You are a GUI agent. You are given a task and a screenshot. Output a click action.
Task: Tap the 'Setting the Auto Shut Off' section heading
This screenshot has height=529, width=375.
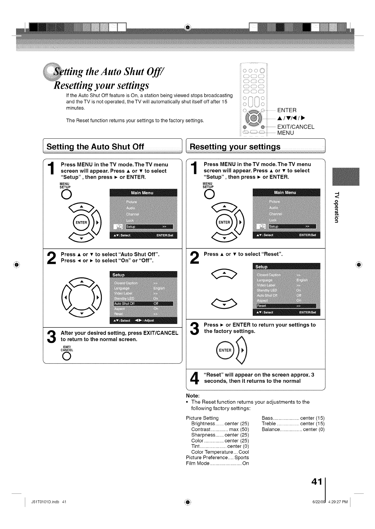95,147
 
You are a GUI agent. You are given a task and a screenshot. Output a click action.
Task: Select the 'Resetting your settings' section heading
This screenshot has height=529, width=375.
235,147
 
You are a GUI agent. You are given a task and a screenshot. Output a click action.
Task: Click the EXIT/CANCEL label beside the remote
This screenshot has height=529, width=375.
296,127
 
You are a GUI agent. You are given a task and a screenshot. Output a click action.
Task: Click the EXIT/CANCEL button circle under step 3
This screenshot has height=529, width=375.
66,356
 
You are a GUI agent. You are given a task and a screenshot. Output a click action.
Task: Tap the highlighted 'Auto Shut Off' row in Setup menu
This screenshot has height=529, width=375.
143,303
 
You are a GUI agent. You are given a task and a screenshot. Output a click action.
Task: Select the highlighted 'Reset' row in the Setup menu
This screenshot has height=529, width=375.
286,306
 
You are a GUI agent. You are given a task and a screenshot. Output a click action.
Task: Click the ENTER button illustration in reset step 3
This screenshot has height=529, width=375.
225,350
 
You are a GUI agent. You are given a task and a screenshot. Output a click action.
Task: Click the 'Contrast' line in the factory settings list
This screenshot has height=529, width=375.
220,429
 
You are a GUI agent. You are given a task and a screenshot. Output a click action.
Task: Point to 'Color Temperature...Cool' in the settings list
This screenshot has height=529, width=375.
220,452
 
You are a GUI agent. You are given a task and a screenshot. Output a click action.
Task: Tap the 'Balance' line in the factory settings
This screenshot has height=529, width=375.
293,429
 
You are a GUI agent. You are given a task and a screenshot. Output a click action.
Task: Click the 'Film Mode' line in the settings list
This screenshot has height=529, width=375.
217,463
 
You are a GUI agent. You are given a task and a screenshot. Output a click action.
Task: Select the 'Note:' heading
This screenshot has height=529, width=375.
193,396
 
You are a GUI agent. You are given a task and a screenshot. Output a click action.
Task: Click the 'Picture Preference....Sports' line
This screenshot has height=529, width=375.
217,458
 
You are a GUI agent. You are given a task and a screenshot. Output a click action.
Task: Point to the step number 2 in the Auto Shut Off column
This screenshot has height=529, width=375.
51,258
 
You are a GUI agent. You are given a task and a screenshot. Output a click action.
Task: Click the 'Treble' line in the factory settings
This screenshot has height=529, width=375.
293,424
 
